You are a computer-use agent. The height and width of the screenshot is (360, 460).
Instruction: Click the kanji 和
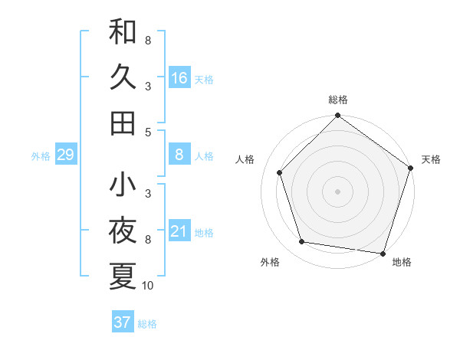123,32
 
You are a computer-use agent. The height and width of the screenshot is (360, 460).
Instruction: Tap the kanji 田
123,123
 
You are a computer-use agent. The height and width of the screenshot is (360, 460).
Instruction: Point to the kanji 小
123,185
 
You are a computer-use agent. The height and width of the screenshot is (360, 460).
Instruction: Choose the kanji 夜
123,231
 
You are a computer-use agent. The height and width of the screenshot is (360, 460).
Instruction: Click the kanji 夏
123,276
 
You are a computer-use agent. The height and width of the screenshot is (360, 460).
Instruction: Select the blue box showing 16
179,77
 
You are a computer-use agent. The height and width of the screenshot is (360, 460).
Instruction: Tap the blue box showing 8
179,155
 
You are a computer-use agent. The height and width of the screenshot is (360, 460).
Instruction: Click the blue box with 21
179,231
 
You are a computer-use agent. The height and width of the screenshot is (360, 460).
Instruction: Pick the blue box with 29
65,155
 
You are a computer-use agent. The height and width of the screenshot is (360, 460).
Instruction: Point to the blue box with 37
123,322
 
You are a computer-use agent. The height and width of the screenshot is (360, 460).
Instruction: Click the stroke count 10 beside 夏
148,286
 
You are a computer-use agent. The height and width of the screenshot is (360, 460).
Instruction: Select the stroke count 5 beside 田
148,132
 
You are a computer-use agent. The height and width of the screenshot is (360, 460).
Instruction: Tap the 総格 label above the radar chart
337,100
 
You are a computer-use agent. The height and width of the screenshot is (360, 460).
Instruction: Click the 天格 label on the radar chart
432,159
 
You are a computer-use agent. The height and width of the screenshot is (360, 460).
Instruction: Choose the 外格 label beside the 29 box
41,155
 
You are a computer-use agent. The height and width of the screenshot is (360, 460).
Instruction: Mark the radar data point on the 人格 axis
280,172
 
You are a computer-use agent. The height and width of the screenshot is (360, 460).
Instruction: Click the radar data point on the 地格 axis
382,253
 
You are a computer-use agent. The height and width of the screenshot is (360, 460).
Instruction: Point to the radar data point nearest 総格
337,116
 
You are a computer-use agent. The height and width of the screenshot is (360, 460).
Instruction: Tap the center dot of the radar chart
337,191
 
